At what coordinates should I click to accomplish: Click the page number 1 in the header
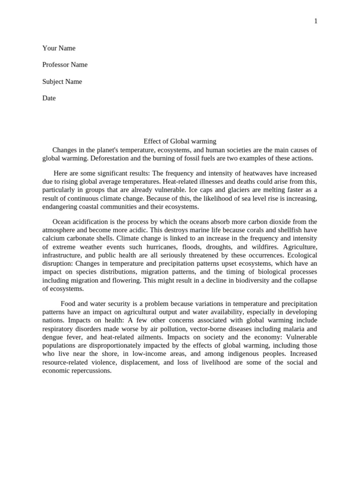pyautogui.click(x=315, y=21)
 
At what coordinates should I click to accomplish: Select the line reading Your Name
pyautogui.click(x=59, y=48)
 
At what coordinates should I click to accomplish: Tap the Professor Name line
pyautogui.click(x=65, y=65)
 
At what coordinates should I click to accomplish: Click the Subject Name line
pyautogui.click(x=62, y=82)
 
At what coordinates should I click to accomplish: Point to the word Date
pyautogui.click(x=49, y=98)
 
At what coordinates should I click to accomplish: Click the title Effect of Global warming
pyautogui.click(x=180, y=141)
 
